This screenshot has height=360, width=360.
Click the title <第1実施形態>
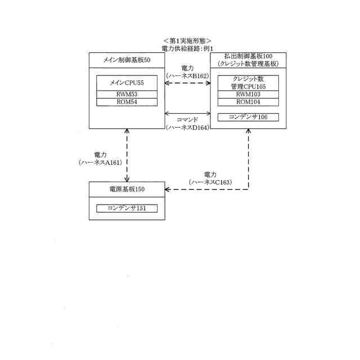tap(186, 41)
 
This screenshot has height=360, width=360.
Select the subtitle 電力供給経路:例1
tap(187, 49)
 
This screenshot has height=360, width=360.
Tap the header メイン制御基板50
tap(127, 59)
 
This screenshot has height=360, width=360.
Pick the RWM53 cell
tap(127, 94)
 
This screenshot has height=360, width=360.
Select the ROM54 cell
tap(127, 102)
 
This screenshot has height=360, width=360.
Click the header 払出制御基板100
tap(248, 57)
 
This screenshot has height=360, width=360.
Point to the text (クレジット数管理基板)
tap(248, 64)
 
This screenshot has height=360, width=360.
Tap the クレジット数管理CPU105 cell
tap(248, 83)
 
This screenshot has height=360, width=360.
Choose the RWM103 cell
tap(248, 94)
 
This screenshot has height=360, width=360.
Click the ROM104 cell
tap(248, 102)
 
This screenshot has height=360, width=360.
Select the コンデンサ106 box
tap(248, 117)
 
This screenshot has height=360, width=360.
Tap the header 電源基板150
tap(127, 189)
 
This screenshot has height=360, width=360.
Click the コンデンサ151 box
tap(127, 208)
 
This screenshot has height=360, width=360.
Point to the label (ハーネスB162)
tap(187, 75)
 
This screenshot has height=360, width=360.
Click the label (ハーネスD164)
tap(187, 128)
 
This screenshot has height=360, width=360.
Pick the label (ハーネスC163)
tap(210, 182)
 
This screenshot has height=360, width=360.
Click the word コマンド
tap(187, 120)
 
